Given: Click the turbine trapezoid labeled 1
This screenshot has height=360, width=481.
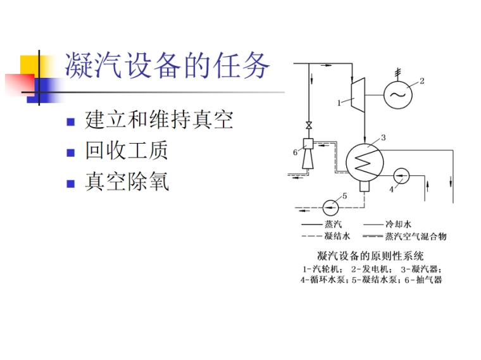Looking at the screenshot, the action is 358,95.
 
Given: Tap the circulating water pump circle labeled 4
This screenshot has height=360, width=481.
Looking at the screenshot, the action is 402,175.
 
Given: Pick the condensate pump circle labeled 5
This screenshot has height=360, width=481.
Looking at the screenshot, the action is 331,206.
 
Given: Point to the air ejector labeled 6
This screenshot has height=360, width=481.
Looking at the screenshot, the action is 308,154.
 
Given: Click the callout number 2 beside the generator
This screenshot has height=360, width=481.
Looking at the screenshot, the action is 422,80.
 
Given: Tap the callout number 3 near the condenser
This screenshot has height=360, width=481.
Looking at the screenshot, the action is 384,137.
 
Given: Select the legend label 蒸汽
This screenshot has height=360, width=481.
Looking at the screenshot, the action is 334,224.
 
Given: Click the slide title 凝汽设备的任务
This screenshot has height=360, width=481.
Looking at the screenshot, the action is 168,66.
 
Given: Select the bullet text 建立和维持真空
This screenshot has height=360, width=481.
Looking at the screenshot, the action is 159,120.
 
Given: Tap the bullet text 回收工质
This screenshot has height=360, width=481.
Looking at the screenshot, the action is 127,151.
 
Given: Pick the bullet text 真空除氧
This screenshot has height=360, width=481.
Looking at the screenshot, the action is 127,182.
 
